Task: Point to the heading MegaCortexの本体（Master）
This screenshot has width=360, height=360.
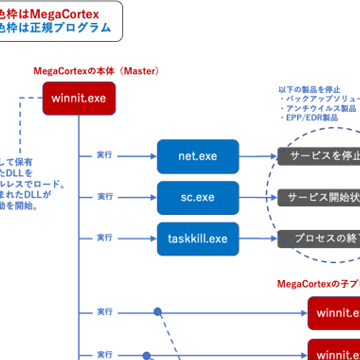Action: click(96, 72)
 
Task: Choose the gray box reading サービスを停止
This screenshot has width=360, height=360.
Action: click(319, 156)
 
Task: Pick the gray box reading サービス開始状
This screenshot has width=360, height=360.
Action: click(319, 198)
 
